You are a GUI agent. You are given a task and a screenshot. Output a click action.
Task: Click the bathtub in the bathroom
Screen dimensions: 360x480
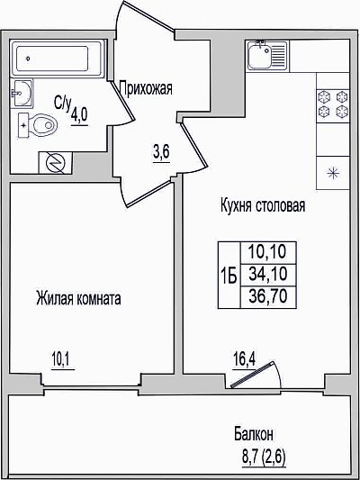58,58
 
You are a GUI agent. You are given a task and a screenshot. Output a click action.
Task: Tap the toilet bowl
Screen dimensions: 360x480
38,125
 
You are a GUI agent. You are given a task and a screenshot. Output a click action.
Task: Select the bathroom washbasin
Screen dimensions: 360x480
22,93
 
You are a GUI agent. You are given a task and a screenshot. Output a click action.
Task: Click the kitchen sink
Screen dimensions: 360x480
267,56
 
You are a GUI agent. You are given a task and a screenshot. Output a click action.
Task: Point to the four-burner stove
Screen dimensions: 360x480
333,105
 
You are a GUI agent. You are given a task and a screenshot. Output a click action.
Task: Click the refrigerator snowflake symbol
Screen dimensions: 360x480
333,173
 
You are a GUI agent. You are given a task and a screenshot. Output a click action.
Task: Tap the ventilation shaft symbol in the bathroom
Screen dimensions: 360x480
56,162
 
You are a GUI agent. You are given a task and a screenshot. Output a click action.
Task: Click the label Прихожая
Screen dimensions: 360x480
146,88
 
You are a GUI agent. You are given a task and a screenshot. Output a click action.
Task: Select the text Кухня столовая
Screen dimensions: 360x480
263,205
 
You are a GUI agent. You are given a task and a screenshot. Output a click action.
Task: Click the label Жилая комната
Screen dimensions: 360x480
78,298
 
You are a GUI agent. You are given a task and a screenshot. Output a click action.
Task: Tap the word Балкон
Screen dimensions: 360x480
254,434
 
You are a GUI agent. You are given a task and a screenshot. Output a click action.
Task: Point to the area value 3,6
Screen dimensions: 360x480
161,152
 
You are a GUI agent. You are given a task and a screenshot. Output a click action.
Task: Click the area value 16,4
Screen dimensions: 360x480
244,358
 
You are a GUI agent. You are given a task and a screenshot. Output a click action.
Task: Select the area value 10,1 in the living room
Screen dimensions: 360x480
60,359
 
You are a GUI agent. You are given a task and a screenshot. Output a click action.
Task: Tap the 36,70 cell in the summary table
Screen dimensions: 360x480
268,296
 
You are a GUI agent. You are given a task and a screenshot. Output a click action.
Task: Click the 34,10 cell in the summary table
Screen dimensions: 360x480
268,274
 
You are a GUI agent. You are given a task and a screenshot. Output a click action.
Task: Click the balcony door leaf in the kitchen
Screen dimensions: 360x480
251,375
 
